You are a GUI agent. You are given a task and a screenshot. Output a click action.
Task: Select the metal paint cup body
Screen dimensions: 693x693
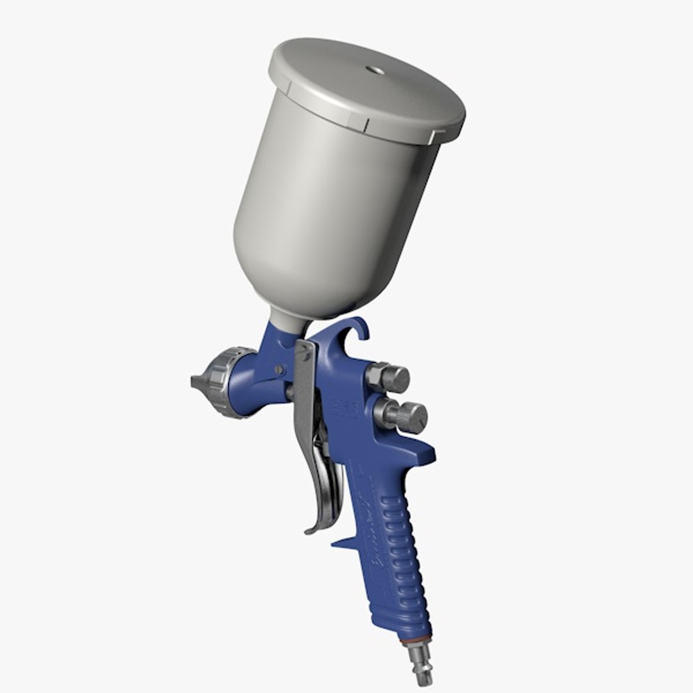(x=327, y=212)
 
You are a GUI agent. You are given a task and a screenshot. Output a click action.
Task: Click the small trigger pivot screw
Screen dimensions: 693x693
(x=280, y=370)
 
